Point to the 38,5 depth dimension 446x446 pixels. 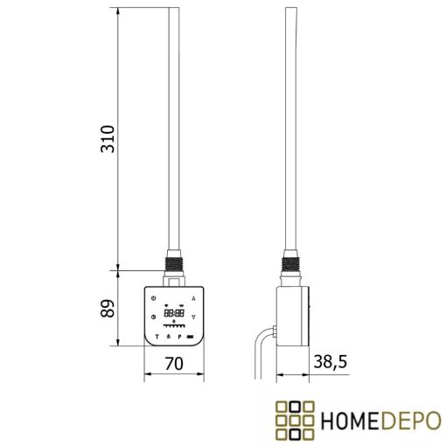329,361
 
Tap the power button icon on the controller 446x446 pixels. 153,298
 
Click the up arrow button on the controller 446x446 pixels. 192,298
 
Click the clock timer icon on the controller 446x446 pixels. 153,317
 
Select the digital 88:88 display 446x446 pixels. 173,312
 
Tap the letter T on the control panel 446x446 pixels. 156,336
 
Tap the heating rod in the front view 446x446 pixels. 173,131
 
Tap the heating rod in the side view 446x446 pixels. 290,131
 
